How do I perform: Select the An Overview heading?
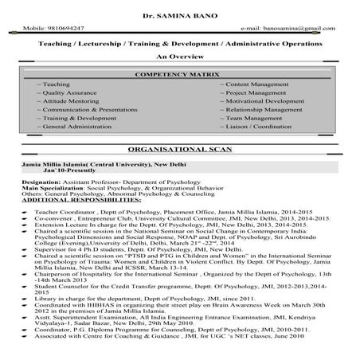click(x=179, y=57)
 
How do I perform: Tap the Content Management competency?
click(x=260, y=84)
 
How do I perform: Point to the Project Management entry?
click(x=259, y=94)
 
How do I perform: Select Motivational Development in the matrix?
click(x=267, y=104)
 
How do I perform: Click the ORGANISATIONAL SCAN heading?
click(x=179, y=151)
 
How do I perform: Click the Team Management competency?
click(x=256, y=126)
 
